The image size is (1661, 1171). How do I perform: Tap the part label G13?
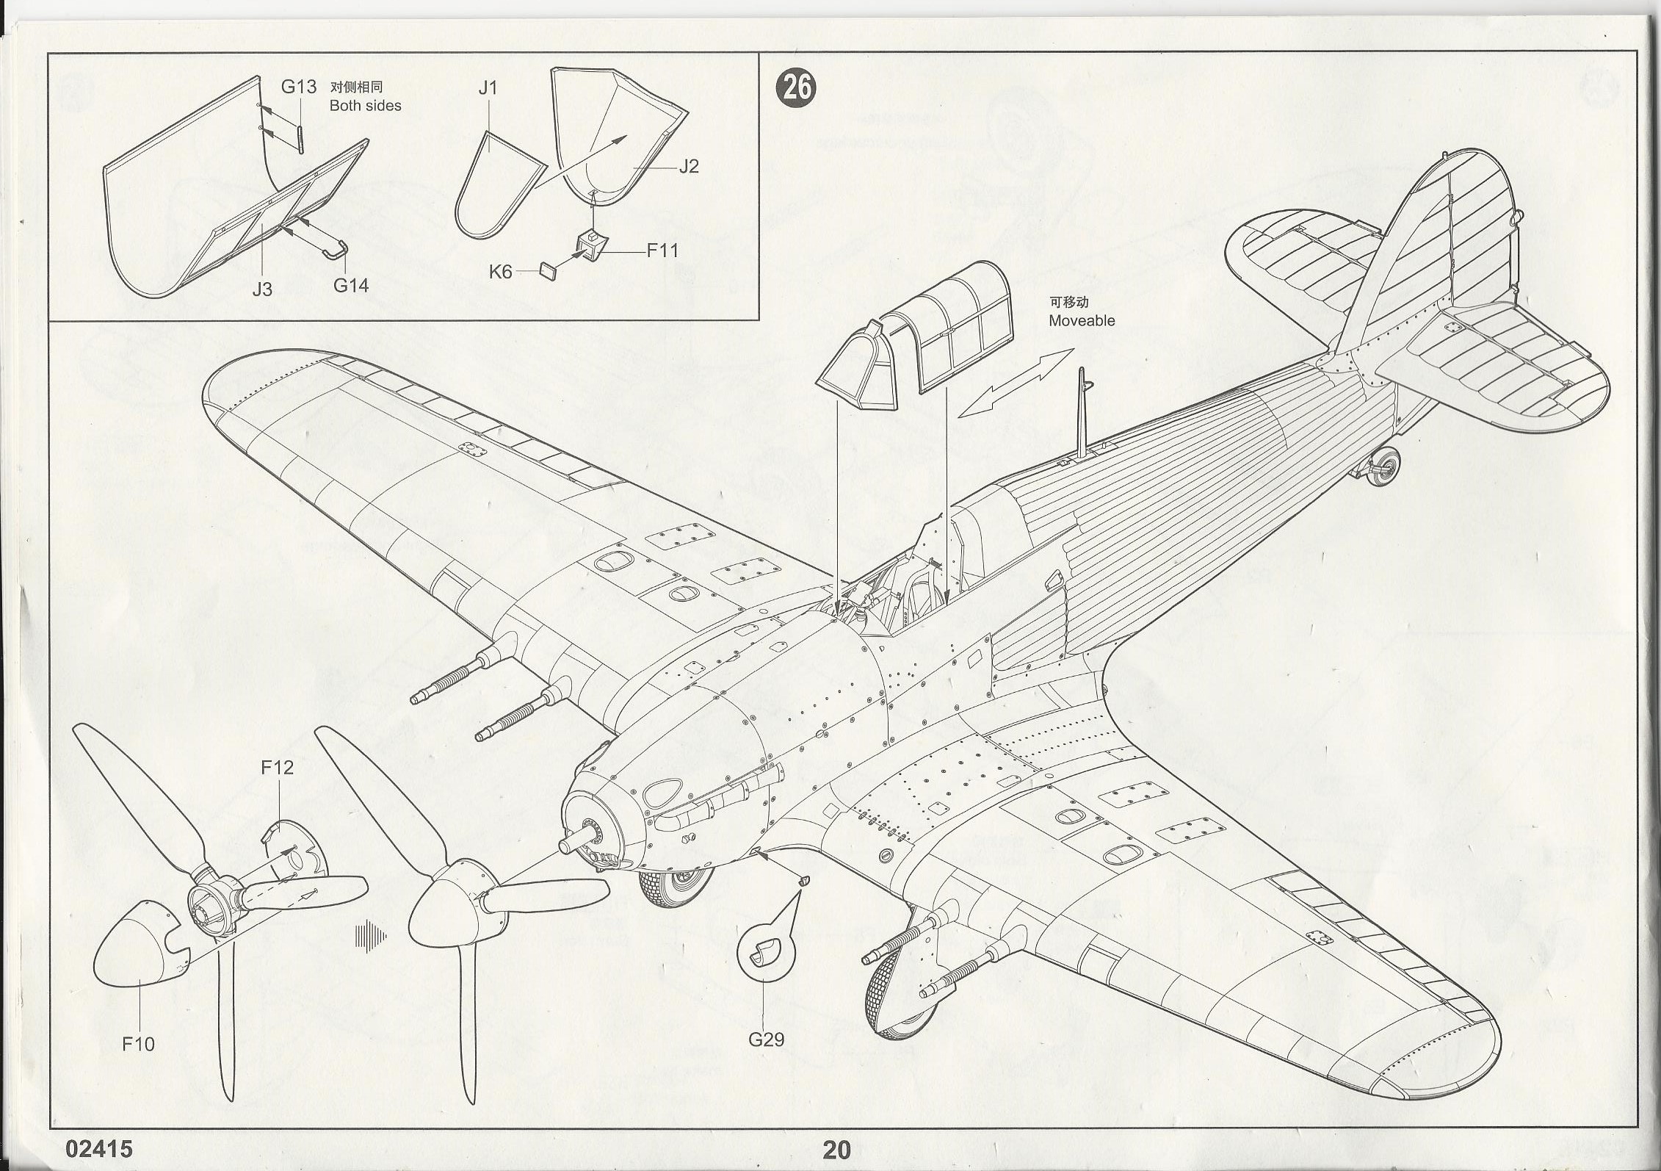tap(299, 87)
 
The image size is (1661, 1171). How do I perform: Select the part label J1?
tap(488, 88)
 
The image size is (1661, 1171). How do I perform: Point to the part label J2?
tap(688, 166)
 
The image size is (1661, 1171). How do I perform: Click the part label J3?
tap(262, 289)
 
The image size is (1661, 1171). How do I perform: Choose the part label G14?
tap(351, 286)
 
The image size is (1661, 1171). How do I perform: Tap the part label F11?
tap(662, 251)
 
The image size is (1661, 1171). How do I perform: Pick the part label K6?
tap(500, 272)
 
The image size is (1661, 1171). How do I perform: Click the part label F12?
tap(277, 768)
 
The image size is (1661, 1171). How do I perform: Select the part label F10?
tap(138, 1043)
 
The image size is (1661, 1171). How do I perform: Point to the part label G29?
tap(766, 1040)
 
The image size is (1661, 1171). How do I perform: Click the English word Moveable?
tap(1081, 320)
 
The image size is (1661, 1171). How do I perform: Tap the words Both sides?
tap(365, 106)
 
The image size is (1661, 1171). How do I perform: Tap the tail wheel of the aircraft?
tap(1382, 464)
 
